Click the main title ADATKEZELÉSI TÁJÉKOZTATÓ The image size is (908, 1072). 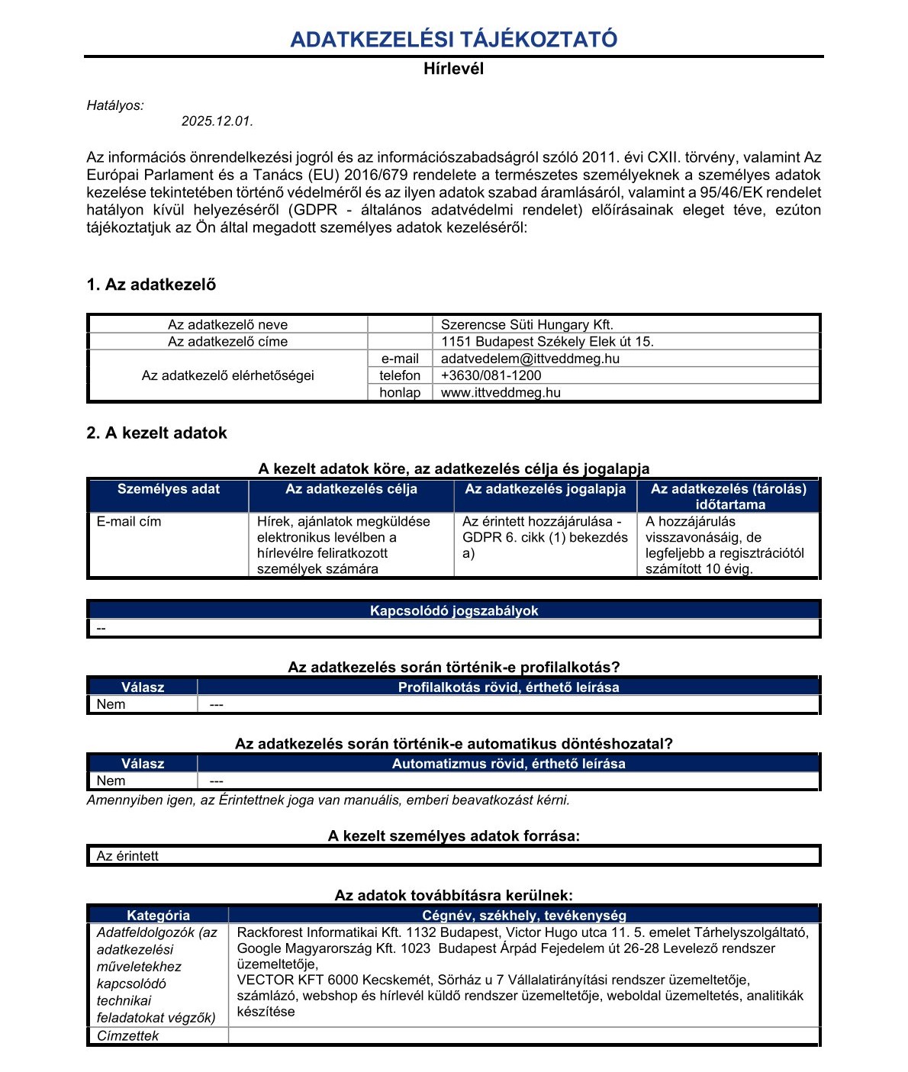tap(454, 40)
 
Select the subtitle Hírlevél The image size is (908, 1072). tap(454, 69)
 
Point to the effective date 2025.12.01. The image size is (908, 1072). tap(217, 121)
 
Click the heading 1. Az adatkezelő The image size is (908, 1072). tap(151, 285)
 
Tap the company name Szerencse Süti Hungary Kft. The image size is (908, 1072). tap(526, 325)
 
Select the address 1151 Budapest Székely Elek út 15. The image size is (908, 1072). tap(547, 342)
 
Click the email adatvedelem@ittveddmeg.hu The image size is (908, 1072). tap(530, 359)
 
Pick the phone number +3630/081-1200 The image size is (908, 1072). tap(491, 375)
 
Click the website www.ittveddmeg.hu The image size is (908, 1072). tap(501, 393)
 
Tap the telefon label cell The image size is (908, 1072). tap(400, 375)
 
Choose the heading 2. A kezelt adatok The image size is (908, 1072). tap(156, 433)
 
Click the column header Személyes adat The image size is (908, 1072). tap(169, 490)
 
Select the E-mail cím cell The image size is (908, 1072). tap(129, 522)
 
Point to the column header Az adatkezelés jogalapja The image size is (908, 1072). tap(545, 490)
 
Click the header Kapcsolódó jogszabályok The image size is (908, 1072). tap(454, 611)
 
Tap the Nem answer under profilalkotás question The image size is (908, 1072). tap(111, 704)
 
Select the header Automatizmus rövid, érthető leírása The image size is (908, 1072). tap(508, 764)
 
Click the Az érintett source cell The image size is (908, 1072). tap(127, 856)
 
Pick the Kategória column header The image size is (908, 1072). tap(158, 916)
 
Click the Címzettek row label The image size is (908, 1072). tap(127, 1036)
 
